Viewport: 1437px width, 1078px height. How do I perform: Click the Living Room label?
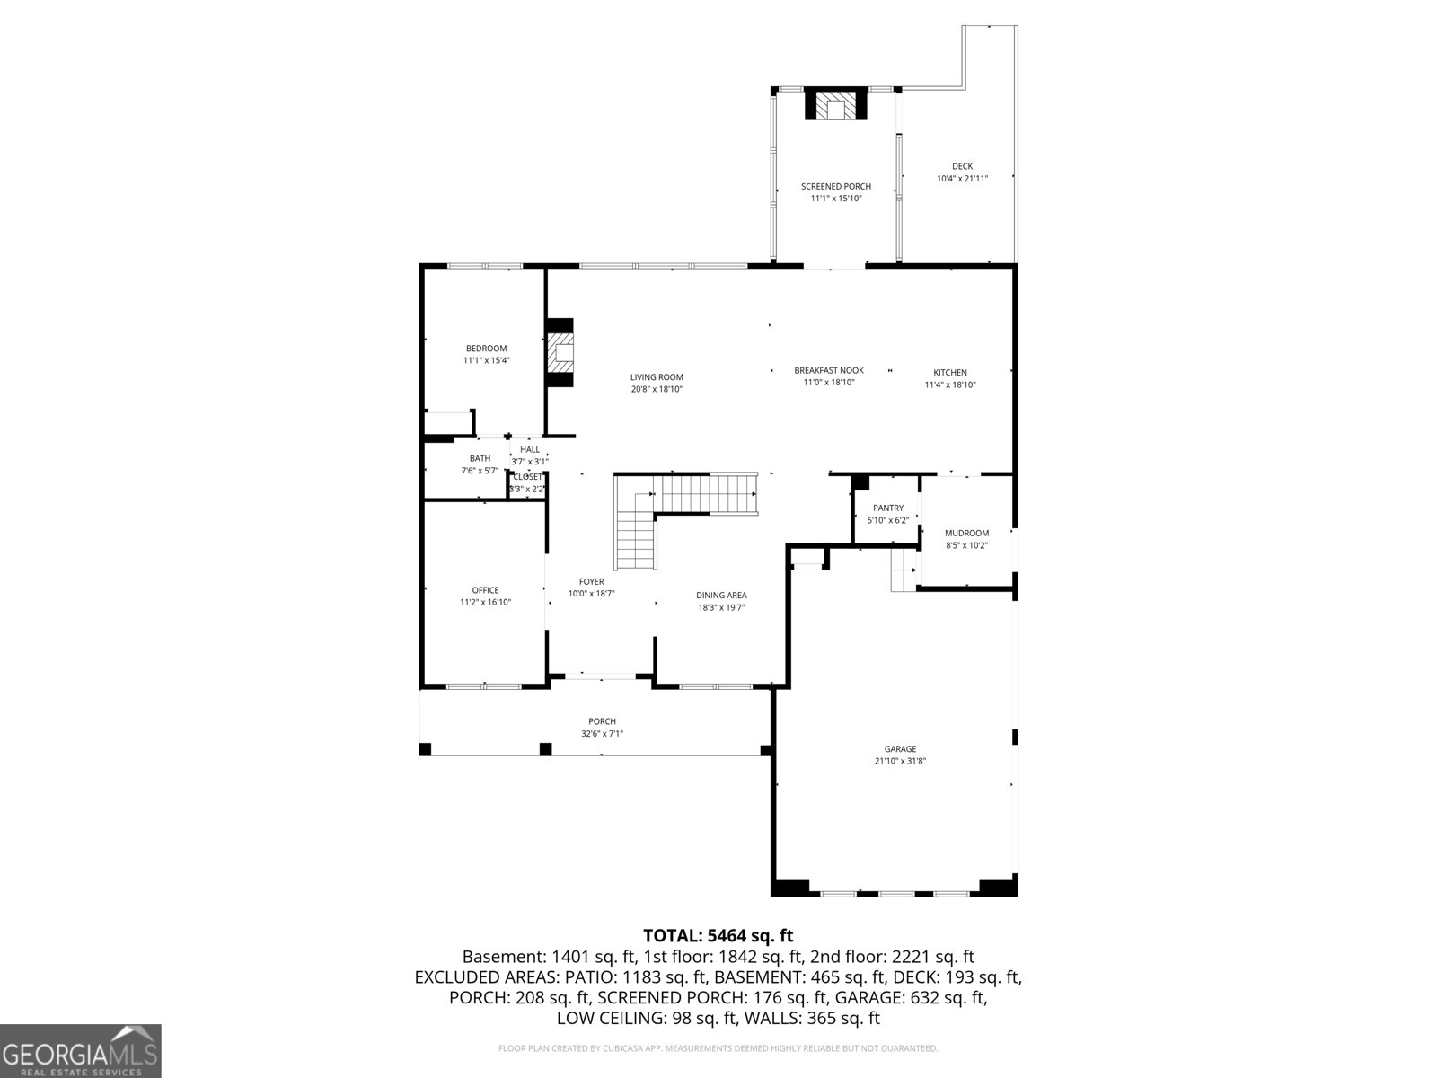[x=657, y=377]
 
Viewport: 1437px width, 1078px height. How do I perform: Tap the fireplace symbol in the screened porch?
[x=836, y=105]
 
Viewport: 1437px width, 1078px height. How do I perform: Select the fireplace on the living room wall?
[x=560, y=353]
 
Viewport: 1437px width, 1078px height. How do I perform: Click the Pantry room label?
[x=888, y=508]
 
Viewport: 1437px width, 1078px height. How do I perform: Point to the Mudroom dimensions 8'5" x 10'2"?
[x=966, y=545]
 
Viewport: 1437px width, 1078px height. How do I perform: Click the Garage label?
[x=900, y=748]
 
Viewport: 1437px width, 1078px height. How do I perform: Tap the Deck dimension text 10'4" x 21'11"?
[x=962, y=179]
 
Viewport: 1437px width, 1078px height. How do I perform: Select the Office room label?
[x=485, y=590]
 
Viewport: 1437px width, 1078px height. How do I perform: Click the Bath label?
[x=480, y=458]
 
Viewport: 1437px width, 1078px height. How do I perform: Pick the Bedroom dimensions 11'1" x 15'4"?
[x=486, y=360]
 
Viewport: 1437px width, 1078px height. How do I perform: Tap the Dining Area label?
[x=721, y=595]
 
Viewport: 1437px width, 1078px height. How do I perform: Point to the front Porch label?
[x=602, y=721]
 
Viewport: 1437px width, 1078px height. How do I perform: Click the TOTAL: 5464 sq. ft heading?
[x=718, y=936]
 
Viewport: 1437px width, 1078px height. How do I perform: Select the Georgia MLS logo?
[x=80, y=1050]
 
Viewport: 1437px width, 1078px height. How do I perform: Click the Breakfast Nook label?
[x=828, y=370]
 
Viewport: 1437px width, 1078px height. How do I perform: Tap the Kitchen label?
[x=949, y=372]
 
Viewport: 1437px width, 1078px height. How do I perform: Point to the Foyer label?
[x=591, y=581]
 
